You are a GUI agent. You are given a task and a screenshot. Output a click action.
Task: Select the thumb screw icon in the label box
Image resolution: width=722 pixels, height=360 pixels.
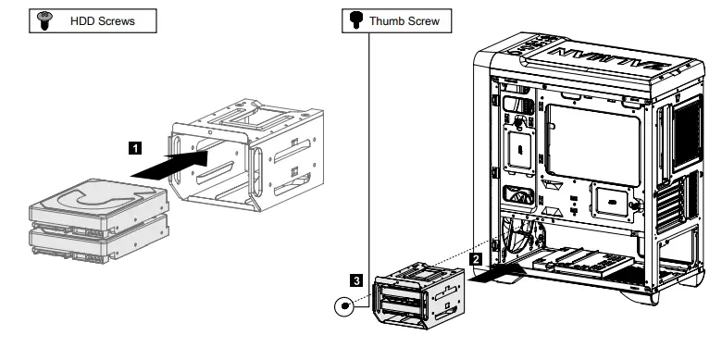[x=353, y=19]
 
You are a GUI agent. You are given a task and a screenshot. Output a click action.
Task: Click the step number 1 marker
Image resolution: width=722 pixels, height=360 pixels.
[x=135, y=146]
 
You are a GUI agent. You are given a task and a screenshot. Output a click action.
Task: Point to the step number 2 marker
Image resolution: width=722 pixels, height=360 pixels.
[x=476, y=259]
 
